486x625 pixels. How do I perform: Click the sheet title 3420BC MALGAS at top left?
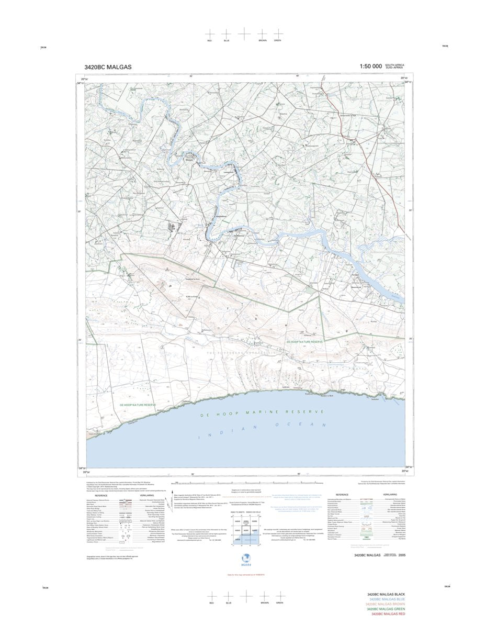click(108, 67)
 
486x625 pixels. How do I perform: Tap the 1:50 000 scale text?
click(370, 66)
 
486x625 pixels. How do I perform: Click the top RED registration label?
click(210, 40)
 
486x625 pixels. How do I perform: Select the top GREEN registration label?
click(278, 40)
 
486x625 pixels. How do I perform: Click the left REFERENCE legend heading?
click(101, 495)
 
